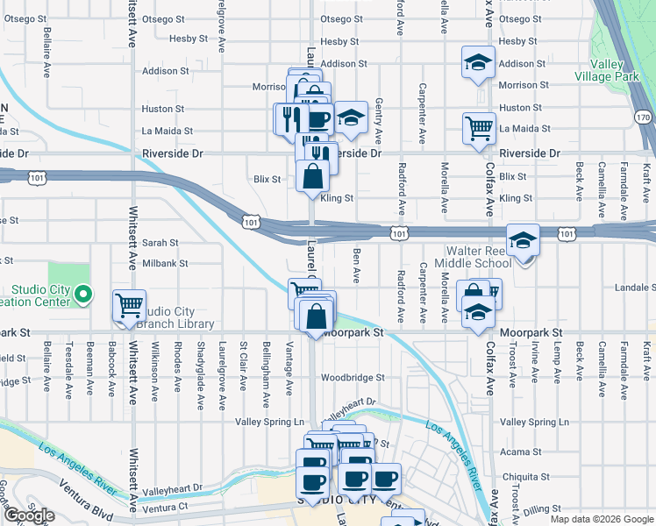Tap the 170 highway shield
pyautogui.click(x=644, y=117)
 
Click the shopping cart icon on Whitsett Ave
pyautogui.click(x=129, y=306)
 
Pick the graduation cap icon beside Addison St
pyautogui.click(x=479, y=63)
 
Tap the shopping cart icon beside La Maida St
pyautogui.click(x=479, y=128)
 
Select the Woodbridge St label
pyautogui.click(x=353, y=378)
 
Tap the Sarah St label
pyautogui.click(x=160, y=243)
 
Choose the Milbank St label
pyautogui.click(x=166, y=263)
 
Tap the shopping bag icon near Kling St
pyautogui.click(x=313, y=175)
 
